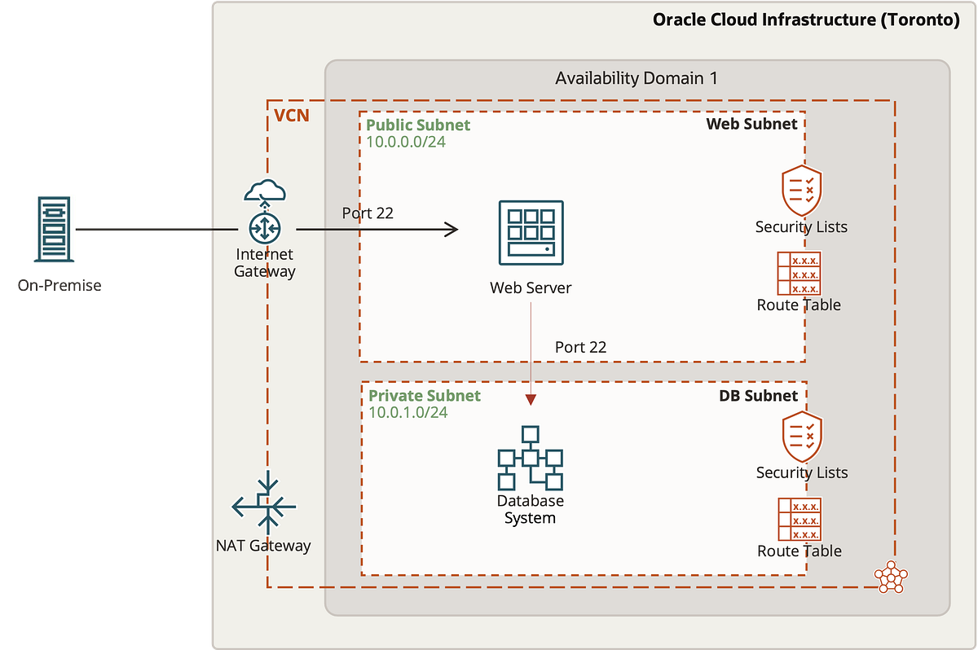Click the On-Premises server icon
click(x=55, y=229)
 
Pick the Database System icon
click(x=531, y=458)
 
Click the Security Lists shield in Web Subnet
click(x=801, y=191)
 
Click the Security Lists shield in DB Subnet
click(x=802, y=437)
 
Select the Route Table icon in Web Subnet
click(x=799, y=273)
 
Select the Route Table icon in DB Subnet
click(x=800, y=519)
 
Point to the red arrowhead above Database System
click(x=531, y=399)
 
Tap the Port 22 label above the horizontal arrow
click(x=368, y=213)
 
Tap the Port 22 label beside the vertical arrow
click(x=580, y=347)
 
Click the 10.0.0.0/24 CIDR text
click(x=406, y=142)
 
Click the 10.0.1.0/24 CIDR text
click(x=408, y=412)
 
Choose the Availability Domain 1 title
click(x=637, y=79)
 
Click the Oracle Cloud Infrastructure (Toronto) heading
click(x=806, y=20)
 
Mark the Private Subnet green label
click(x=425, y=396)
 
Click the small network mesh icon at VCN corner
click(x=890, y=577)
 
